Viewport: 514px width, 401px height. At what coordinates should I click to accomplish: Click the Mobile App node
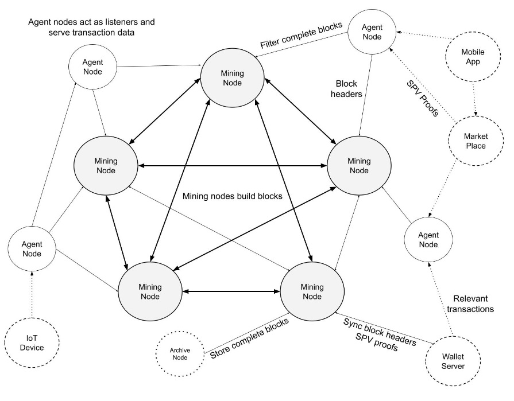click(x=473, y=57)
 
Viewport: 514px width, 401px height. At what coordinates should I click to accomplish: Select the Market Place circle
click(x=476, y=141)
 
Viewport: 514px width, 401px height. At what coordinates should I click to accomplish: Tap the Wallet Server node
click(x=453, y=361)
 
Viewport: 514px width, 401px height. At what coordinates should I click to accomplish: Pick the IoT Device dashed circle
click(x=32, y=342)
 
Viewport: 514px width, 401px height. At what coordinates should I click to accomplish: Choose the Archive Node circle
click(x=180, y=354)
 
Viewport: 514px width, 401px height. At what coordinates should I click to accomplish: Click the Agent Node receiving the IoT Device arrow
click(x=32, y=249)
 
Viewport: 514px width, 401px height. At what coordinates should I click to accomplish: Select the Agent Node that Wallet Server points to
click(x=428, y=240)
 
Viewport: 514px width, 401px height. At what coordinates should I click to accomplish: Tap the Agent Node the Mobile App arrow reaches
click(x=372, y=32)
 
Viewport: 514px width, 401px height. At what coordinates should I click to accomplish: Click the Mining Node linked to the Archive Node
click(x=312, y=291)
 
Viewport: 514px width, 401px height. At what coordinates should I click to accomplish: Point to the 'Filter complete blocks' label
click(x=302, y=34)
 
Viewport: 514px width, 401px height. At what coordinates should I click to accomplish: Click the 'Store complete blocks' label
click(x=249, y=338)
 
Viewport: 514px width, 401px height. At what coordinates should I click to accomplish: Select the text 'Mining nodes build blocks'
click(x=233, y=196)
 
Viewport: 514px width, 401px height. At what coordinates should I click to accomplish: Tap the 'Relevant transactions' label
click(x=470, y=304)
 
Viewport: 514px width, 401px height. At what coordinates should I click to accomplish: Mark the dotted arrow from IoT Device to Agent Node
click(x=32, y=294)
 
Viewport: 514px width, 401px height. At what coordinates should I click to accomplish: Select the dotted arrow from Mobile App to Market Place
click(x=474, y=99)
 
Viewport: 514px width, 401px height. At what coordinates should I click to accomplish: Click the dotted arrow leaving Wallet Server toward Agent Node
click(x=440, y=299)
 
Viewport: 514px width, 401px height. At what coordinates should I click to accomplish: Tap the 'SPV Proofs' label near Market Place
click(x=422, y=99)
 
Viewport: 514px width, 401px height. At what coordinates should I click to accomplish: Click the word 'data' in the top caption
click(x=126, y=32)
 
